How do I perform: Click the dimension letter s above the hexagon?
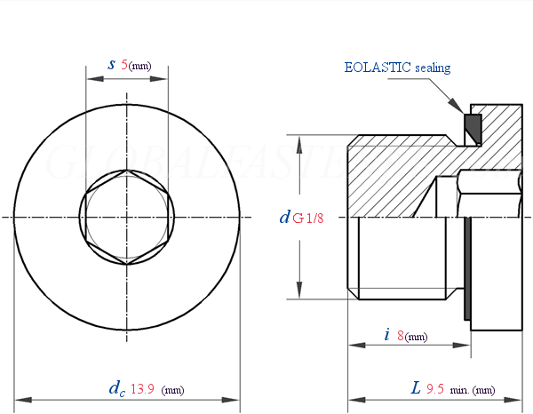pos(111,64)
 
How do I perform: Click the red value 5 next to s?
pos(124,65)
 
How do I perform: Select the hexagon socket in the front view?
pos(127,218)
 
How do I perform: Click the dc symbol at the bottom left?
pos(115,388)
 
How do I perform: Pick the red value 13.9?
pos(143,388)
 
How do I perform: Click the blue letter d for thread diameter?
pos(284,216)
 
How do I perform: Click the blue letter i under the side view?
pos(386,335)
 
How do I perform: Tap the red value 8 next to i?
pos(401,336)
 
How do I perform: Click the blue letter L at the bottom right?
pos(416,388)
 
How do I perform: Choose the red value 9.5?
pos(435,388)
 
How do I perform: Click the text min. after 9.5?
pos(459,389)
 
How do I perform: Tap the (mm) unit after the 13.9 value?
pos(173,389)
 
